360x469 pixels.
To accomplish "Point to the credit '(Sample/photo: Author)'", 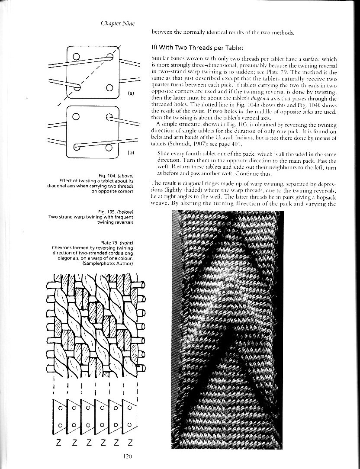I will point(110,263).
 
